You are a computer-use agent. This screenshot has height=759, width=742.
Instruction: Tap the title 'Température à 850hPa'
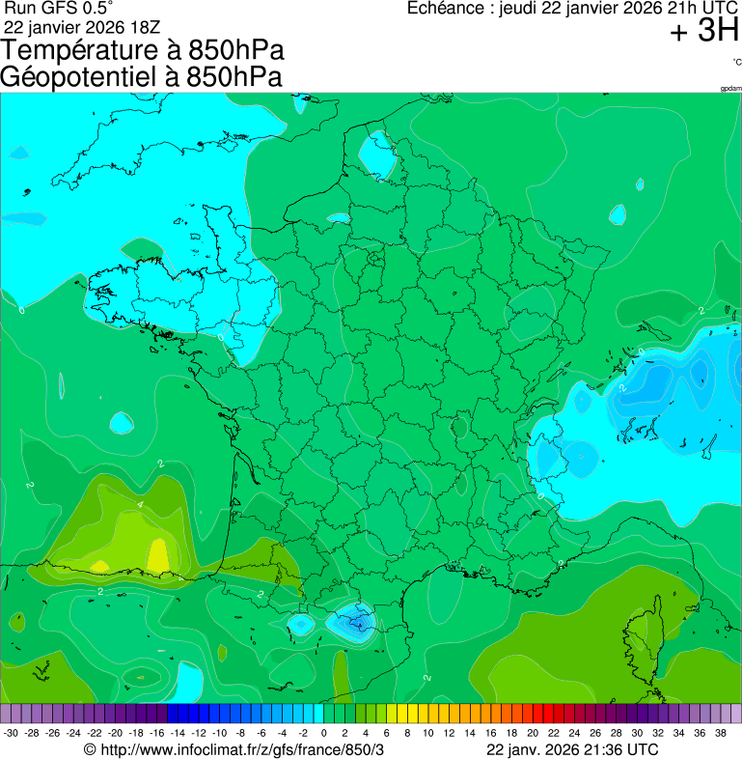[x=142, y=51]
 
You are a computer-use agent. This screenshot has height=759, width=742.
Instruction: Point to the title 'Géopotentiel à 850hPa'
[x=142, y=77]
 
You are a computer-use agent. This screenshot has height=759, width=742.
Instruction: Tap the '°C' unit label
[x=736, y=62]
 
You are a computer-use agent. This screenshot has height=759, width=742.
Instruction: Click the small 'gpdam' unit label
[x=730, y=89]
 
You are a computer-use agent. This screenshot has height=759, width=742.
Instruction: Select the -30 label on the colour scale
[x=11, y=733]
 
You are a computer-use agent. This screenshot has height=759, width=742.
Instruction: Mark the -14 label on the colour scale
[x=179, y=733]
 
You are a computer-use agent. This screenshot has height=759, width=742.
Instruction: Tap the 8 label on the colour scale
[x=408, y=733]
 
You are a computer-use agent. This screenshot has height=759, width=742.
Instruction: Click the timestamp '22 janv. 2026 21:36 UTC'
[x=572, y=749]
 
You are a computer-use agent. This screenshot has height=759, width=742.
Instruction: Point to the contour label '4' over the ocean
[x=140, y=504]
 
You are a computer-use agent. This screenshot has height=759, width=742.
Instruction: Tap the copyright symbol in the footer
[x=90, y=749]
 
